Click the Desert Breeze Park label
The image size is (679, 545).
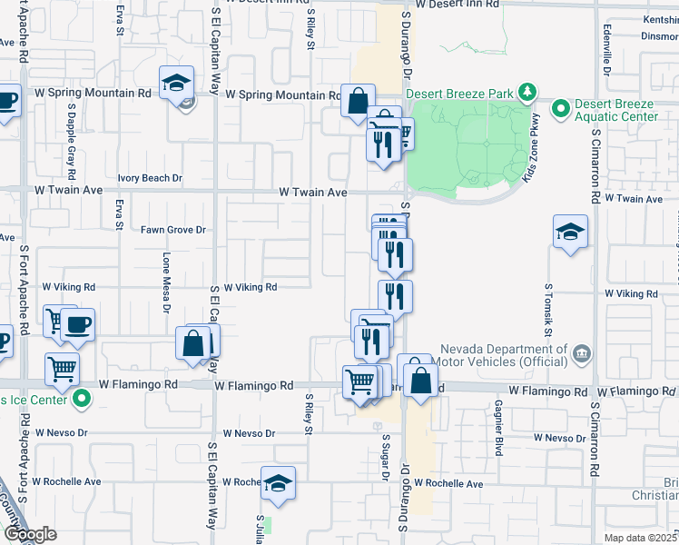tap(459, 93)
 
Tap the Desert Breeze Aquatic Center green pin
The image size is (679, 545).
tap(561, 109)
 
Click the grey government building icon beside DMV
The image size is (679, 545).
tap(582, 352)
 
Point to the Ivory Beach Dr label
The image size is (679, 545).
tap(150, 179)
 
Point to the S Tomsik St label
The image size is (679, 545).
tap(548, 304)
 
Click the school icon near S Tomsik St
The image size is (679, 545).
tap(570, 232)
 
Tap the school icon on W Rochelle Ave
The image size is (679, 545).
tap(279, 482)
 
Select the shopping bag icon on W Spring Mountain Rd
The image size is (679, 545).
tap(358, 99)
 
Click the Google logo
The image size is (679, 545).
tap(29, 535)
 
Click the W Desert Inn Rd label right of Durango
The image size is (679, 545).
tap(460, 5)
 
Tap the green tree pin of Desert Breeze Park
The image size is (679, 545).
tap(526, 92)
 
